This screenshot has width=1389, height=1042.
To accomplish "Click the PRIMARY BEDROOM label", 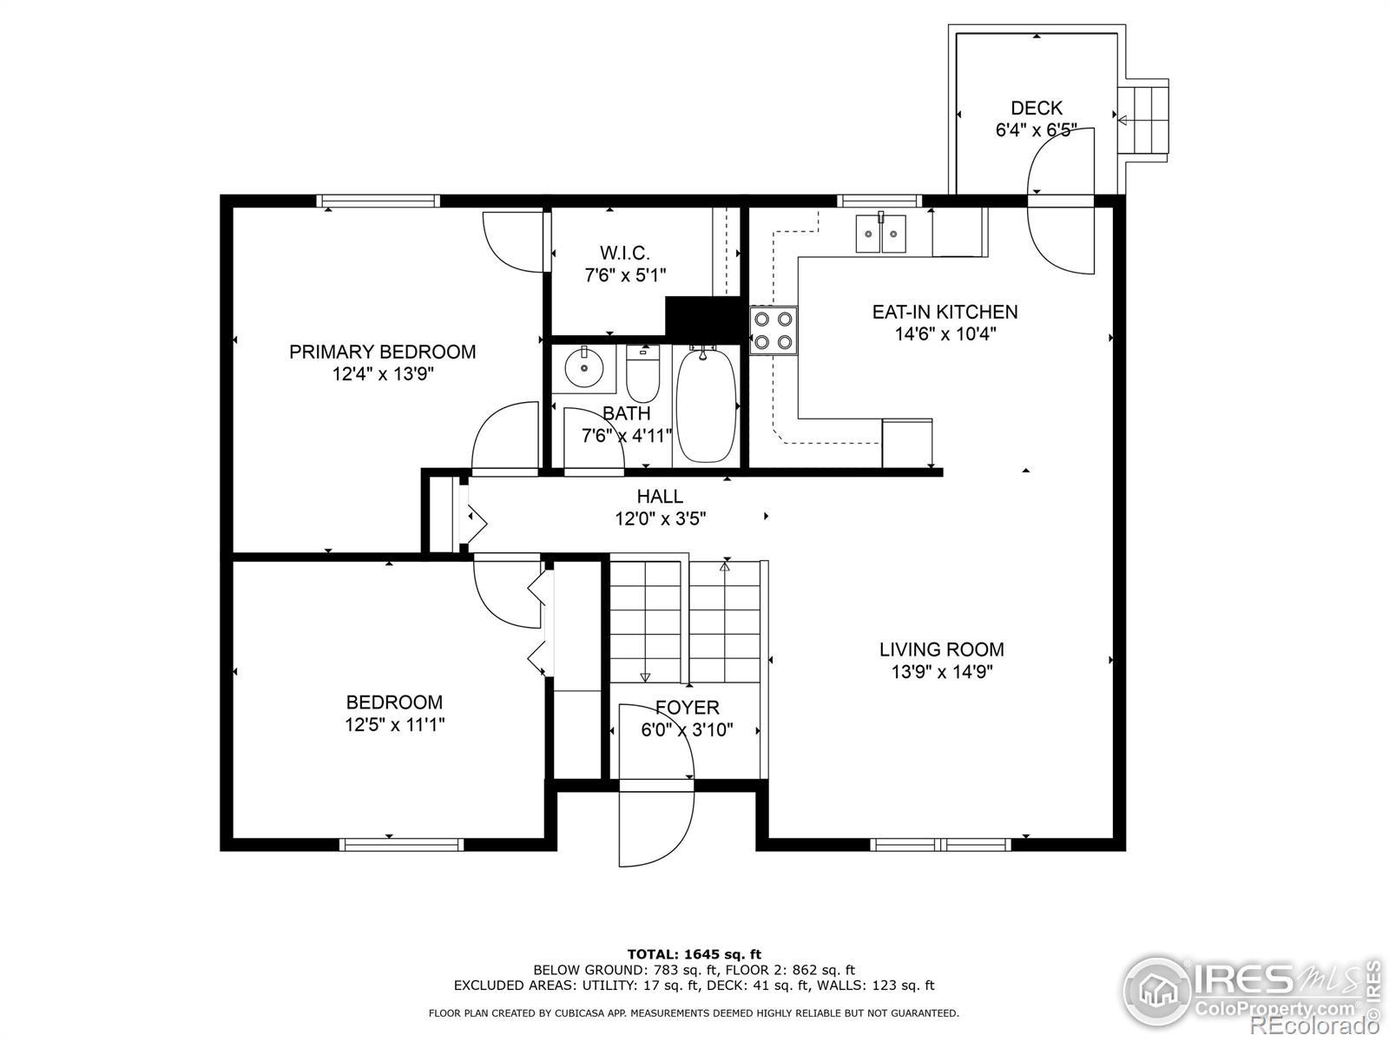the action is click(x=382, y=352).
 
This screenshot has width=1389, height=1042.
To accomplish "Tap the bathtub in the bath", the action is click(x=706, y=406).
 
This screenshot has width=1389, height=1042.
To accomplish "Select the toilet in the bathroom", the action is click(x=642, y=374).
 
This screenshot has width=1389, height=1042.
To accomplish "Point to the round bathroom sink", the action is click(x=583, y=366).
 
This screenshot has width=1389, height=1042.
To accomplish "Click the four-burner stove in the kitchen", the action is click(x=773, y=331).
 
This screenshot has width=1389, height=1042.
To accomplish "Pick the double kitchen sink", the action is click(x=881, y=234).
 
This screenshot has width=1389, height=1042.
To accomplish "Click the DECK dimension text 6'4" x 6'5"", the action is click(x=1036, y=130).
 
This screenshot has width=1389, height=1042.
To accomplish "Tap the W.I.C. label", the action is click(x=625, y=253).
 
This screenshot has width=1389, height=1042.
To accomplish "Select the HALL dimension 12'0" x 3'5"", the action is click(x=660, y=518).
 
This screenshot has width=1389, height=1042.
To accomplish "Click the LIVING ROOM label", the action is click(x=942, y=650).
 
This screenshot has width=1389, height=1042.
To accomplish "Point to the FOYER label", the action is click(x=688, y=708).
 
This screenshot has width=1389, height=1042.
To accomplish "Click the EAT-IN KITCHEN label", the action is click(x=945, y=312).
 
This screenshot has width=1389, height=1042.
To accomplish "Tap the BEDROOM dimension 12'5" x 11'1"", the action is click(x=395, y=724).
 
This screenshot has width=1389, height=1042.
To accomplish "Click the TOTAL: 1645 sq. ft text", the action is click(x=694, y=954).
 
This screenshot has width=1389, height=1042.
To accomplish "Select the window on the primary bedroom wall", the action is click(x=378, y=201).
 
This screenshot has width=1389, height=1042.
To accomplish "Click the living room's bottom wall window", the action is click(x=940, y=845).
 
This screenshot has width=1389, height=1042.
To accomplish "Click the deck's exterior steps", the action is click(x=1142, y=120).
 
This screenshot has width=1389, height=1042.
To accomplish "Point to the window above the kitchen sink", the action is click(x=879, y=201).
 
